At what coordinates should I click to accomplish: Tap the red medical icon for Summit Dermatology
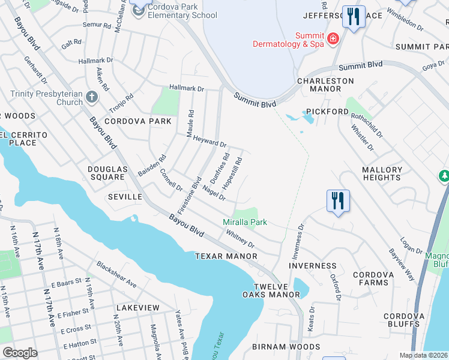333,39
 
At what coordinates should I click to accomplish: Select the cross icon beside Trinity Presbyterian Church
91,97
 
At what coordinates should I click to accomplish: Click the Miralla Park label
245,222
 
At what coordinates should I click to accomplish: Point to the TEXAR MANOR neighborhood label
226,256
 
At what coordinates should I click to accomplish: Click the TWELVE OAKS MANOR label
276,290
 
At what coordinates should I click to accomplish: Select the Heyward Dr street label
209,141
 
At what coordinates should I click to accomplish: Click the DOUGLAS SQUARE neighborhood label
107,173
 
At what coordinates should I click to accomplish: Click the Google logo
20,353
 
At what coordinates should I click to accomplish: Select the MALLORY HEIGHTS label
382,174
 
